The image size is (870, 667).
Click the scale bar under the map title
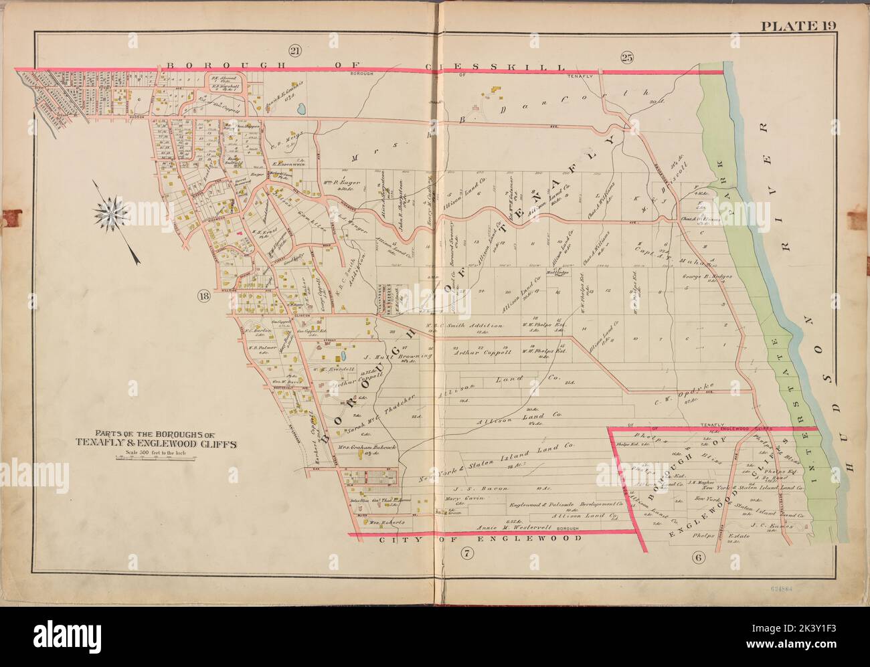(157, 460)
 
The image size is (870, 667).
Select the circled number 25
(626, 56)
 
